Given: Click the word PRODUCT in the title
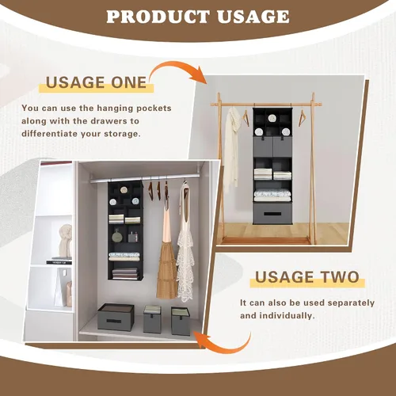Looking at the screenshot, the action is click(158, 17).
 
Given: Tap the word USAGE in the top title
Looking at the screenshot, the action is click(253, 17).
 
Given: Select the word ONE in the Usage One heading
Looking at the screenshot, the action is click(128, 82).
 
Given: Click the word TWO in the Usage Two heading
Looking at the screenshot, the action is click(341, 277).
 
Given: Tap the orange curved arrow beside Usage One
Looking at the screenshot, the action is click(177, 70).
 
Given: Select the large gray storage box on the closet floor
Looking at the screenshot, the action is click(116, 317).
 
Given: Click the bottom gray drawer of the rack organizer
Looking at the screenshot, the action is click(272, 213).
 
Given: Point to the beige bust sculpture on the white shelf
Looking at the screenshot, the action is click(66, 241).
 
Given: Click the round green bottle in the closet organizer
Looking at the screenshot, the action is click(116, 236).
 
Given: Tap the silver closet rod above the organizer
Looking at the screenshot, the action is click(144, 177).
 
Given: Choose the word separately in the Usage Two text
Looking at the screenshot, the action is click(351, 303).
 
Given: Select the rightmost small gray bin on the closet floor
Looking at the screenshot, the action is click(181, 321).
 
